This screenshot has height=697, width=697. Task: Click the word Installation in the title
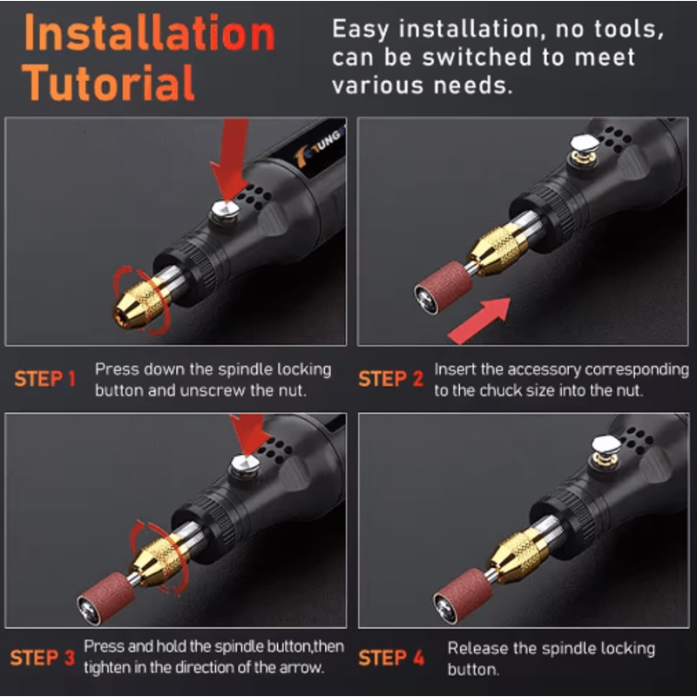tap(148, 35)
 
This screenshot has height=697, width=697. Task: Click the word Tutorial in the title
tap(108, 83)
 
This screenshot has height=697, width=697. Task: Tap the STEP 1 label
tap(44, 379)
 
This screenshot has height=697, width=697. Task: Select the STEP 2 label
tap(390, 379)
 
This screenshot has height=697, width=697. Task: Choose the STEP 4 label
tap(390, 658)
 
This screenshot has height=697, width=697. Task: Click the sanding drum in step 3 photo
tap(105, 597)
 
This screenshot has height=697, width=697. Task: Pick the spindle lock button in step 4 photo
tap(605, 450)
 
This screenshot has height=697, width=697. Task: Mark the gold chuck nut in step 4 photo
tap(520, 554)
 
